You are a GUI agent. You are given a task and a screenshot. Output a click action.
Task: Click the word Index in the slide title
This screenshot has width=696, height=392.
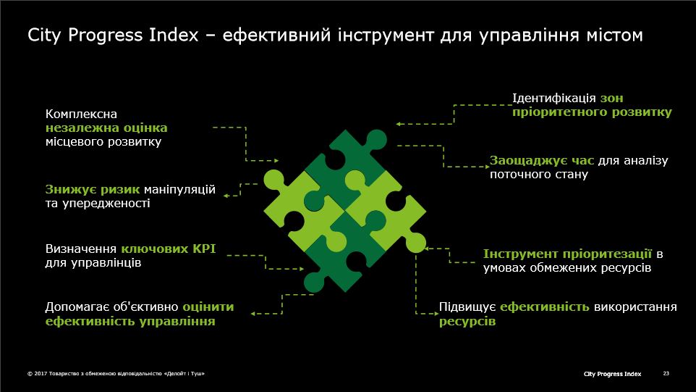(174, 35)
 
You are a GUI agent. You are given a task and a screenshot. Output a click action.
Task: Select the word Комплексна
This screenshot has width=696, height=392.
(81, 114)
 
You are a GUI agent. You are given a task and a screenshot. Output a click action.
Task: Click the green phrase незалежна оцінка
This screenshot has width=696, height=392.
(106, 128)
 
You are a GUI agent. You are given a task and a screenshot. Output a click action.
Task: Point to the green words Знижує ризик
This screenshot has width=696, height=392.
(93, 190)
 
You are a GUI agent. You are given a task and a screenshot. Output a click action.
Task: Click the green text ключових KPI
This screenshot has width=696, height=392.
(169, 249)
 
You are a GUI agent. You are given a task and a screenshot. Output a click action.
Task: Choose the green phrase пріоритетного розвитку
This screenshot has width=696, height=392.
(592, 112)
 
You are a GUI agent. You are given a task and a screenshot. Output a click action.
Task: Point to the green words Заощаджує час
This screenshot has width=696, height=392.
(541, 160)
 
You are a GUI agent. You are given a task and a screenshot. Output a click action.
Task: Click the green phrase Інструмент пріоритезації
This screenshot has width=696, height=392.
(567, 254)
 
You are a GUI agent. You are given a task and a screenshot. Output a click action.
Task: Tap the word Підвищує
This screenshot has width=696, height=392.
(467, 307)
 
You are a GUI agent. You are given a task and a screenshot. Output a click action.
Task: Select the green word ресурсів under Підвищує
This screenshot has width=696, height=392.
(467, 321)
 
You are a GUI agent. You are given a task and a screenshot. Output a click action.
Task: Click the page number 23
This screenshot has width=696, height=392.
(666, 373)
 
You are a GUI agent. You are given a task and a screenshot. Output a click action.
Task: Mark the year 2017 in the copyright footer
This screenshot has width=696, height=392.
(41, 374)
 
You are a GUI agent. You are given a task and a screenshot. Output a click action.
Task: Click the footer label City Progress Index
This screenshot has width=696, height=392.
(612, 374)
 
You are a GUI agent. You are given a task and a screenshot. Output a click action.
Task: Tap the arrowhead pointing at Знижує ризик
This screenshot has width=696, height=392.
(226, 196)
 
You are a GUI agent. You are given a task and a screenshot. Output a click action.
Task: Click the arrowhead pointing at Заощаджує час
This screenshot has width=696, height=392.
(487, 167)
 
